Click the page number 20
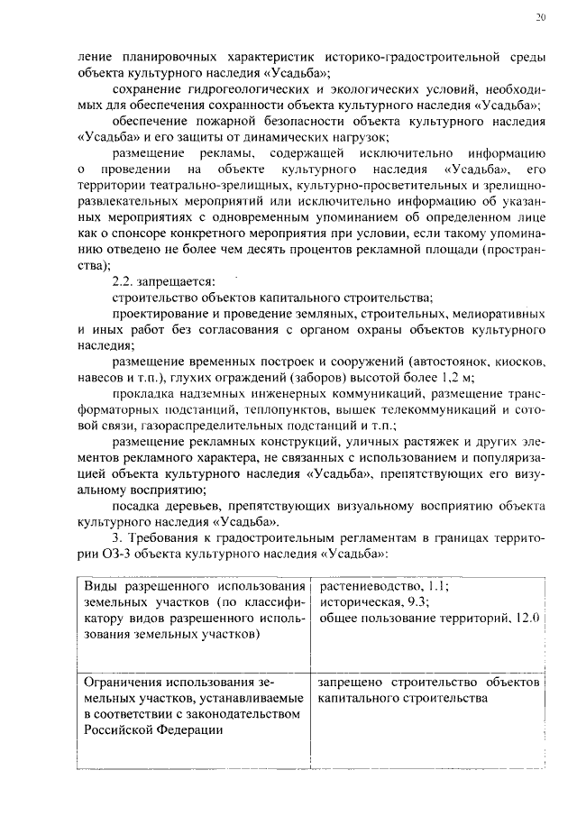pyautogui.click(x=539, y=17)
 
